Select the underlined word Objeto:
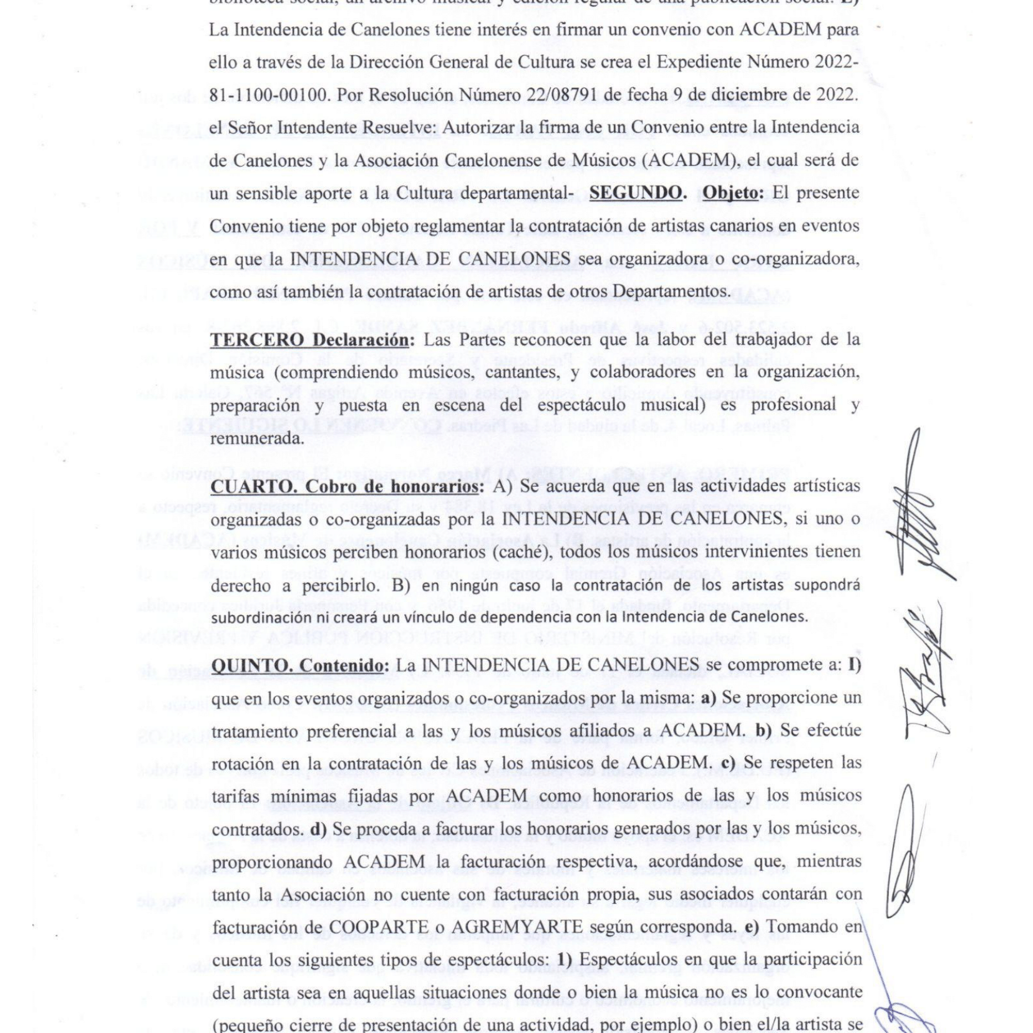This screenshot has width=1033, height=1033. click(x=733, y=193)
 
